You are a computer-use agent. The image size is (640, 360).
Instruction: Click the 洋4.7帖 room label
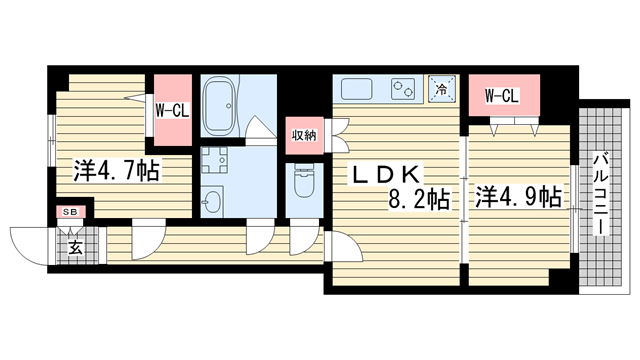pos(116,171)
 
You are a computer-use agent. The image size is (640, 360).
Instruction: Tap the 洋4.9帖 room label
pos(518,197)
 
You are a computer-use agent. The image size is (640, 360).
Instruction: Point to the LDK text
pos(385,175)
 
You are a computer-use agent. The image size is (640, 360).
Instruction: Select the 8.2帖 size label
pos(419,200)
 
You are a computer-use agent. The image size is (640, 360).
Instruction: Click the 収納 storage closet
pos(304,136)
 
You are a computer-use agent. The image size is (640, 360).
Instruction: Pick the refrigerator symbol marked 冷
pos(442,89)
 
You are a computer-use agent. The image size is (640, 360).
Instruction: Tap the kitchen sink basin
pos(357,89)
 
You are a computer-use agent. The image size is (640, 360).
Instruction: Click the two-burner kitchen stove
pos(403,89)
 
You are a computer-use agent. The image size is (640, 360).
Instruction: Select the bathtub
pos(220,106)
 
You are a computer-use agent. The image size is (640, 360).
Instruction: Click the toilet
pos(304,182)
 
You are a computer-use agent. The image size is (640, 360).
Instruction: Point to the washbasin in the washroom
pos(212,201)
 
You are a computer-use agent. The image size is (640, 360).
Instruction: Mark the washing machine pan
pos(215,160)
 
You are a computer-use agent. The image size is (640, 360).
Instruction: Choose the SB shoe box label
pos(71,212)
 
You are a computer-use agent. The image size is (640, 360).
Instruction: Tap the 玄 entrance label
pos(75,248)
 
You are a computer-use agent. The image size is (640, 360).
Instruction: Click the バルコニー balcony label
pos(601,194)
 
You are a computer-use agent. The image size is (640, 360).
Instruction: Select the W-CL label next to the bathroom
pos(172,110)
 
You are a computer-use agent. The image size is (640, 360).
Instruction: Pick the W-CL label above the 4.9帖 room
pos(502,96)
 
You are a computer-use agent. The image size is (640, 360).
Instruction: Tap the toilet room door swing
pos(304,240)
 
